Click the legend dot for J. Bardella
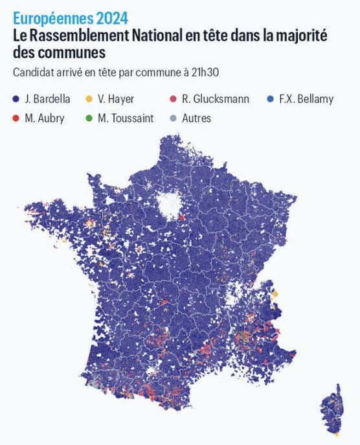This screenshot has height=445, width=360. click(16, 99)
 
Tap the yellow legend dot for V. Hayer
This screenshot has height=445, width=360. click(89, 99)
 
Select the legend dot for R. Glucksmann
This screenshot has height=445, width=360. click(173, 99)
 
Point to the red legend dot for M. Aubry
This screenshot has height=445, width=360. click(16, 119)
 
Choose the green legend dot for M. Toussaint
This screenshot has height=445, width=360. click(89, 119)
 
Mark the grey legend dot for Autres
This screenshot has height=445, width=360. click(173, 119)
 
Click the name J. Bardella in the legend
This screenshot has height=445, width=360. click(47, 99)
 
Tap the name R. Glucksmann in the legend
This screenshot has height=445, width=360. click(216, 99)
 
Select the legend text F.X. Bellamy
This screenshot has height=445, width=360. click(306, 99)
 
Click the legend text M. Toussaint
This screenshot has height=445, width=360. click(126, 119)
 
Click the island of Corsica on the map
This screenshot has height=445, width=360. click(334, 408)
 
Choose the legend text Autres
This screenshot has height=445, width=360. click(197, 119)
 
